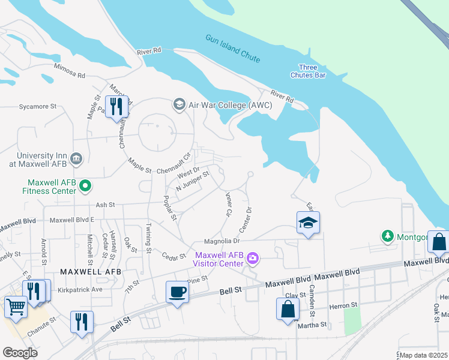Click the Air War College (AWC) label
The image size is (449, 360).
click(231, 105)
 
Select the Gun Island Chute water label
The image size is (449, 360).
click(233, 48)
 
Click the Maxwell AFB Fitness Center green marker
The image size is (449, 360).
click(85, 186)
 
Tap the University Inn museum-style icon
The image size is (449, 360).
click(76, 158)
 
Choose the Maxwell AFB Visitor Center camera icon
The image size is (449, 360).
click(253, 259)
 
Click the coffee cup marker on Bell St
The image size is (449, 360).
click(176, 293)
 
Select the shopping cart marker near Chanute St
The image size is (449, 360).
click(16, 307)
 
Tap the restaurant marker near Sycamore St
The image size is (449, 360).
click(116, 107)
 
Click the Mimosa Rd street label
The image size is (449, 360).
click(70, 71)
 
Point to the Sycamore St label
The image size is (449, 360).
click(37, 106)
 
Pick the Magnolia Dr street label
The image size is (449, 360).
click(221, 241)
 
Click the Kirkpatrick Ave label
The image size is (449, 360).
click(80, 289)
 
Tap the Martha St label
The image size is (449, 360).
click(314, 325)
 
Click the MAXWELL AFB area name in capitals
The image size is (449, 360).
click(91, 272)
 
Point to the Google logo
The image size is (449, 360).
click(20, 353)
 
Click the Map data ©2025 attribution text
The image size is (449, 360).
click(423, 355)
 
